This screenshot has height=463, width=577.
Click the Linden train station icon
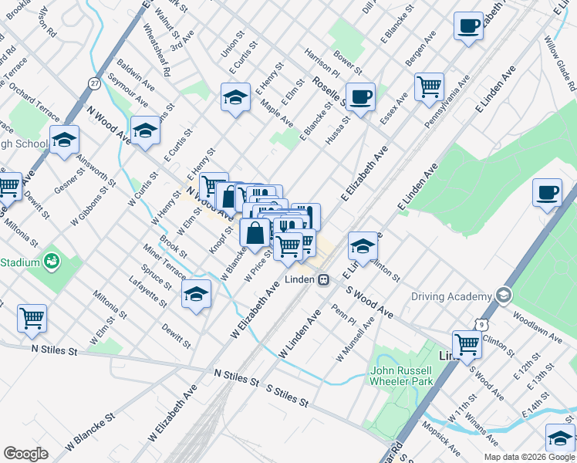[325, 279]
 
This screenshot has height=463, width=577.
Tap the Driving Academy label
[451, 296]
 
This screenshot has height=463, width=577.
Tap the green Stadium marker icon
[52, 262]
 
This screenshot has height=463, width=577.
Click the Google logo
[25, 454]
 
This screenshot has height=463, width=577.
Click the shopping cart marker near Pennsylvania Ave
[429, 86]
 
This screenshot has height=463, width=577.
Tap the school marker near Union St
[235, 98]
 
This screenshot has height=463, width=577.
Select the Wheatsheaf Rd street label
[157, 49]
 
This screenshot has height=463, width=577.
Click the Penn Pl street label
[343, 316]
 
